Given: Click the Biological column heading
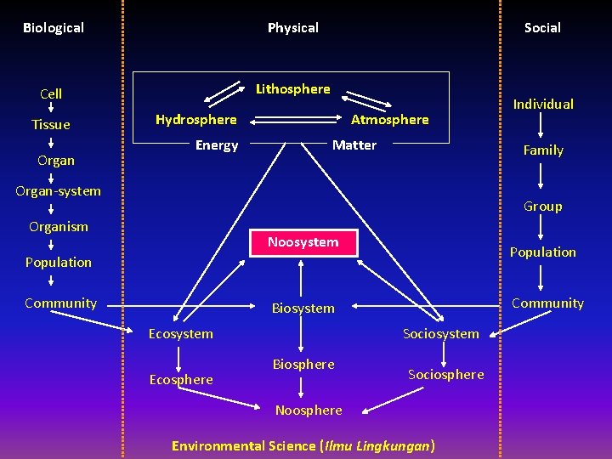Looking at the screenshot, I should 54,28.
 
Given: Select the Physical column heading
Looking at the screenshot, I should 293,28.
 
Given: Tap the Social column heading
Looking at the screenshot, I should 542,28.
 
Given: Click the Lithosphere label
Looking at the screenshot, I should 293,89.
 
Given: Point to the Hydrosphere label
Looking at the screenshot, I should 196,120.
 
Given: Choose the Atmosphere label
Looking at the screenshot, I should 390,120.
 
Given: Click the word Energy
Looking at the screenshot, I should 217,145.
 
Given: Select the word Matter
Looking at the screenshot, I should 354,145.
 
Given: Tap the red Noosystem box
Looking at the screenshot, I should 303,242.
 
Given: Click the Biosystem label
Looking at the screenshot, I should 303,309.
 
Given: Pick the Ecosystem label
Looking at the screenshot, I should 181,334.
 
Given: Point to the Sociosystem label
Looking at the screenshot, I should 441,334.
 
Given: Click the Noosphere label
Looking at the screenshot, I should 309,411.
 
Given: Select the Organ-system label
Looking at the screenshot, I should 58,191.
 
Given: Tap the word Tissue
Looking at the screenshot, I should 51,125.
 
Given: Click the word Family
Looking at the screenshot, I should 543,150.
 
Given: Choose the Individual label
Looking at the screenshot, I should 543,105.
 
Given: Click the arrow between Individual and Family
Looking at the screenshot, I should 543,127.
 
